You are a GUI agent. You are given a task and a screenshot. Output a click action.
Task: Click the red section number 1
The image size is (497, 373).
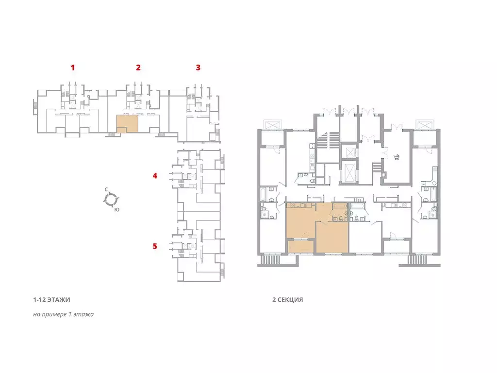click(x=73, y=67)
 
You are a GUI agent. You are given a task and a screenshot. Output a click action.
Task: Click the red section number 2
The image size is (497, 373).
click(x=138, y=67)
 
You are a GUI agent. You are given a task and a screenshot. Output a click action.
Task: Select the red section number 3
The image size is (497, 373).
click(x=198, y=67)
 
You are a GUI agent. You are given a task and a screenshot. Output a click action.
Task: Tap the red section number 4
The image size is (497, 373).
click(x=155, y=175)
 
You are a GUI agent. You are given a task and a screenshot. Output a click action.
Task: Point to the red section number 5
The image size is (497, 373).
click(x=155, y=246)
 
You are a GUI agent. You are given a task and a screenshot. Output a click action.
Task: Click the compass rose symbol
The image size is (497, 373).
click(x=111, y=200)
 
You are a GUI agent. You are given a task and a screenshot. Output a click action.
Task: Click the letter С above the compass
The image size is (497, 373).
click(x=106, y=189)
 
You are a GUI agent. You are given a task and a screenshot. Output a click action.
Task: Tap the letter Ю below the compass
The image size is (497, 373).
click(x=117, y=210)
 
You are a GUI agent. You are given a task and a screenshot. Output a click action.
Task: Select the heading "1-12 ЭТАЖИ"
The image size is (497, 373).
click(x=51, y=300)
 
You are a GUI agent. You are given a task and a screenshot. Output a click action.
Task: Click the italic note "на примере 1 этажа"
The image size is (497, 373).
click(x=64, y=314)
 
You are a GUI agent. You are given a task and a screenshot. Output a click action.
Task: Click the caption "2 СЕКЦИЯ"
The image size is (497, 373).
click(x=287, y=300)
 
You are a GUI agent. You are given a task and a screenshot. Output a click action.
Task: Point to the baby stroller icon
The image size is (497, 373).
click(x=396, y=157)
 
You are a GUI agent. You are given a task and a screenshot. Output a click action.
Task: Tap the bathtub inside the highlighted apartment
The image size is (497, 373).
click(x=340, y=206)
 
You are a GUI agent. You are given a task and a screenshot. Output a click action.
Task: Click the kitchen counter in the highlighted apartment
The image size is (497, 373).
click(x=300, y=205)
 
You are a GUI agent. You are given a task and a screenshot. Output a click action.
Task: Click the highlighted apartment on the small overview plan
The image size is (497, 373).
click(x=128, y=124)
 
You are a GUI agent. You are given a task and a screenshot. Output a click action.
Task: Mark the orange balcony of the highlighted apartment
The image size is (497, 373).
click(x=300, y=246)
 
